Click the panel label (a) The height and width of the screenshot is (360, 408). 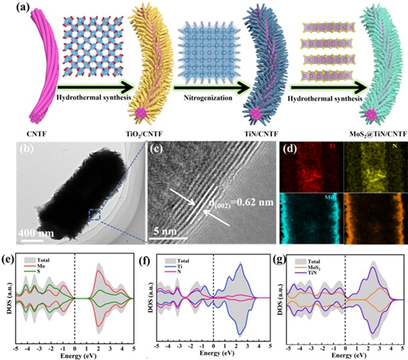12,7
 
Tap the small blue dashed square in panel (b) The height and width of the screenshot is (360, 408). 95,215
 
